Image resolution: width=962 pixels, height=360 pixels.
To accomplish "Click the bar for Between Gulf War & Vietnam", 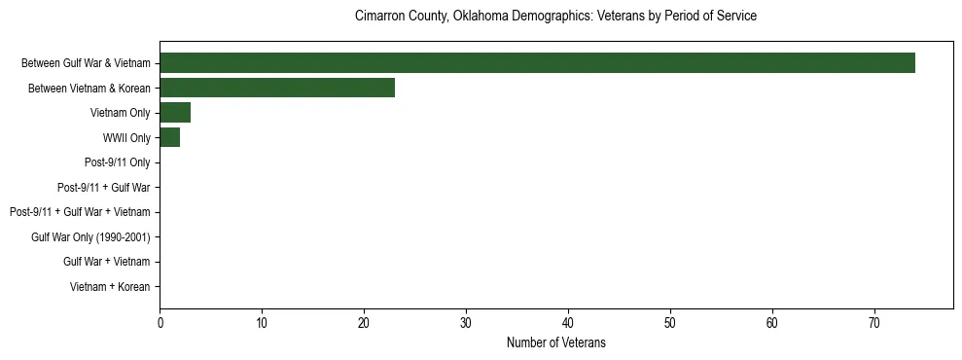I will pyautogui.click(x=537, y=63).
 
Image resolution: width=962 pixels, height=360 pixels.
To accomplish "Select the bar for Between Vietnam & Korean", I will pyautogui.click(x=277, y=88).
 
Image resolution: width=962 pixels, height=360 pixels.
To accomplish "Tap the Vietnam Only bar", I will pyautogui.click(x=175, y=113).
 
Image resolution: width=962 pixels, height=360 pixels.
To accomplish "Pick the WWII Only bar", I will pyautogui.click(x=169, y=138).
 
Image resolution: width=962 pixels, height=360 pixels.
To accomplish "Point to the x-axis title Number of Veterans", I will pyautogui.click(x=555, y=342).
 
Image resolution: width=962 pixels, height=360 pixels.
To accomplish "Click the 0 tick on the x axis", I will pyautogui.click(x=160, y=322).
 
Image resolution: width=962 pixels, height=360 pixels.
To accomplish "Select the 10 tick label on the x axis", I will pyautogui.click(x=262, y=322).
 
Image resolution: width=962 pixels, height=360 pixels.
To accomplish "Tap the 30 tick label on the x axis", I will pyautogui.click(x=466, y=322).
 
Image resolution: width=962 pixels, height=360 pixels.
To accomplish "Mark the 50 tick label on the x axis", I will pyautogui.click(x=670, y=322).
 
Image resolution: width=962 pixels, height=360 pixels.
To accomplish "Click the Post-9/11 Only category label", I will pyautogui.click(x=119, y=162).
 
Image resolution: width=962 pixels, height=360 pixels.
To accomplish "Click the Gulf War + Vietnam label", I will pyautogui.click(x=107, y=262).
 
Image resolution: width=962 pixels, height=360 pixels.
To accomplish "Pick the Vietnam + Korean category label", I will pyautogui.click(x=110, y=287).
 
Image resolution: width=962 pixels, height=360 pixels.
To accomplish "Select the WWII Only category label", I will pyautogui.click(x=126, y=138).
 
